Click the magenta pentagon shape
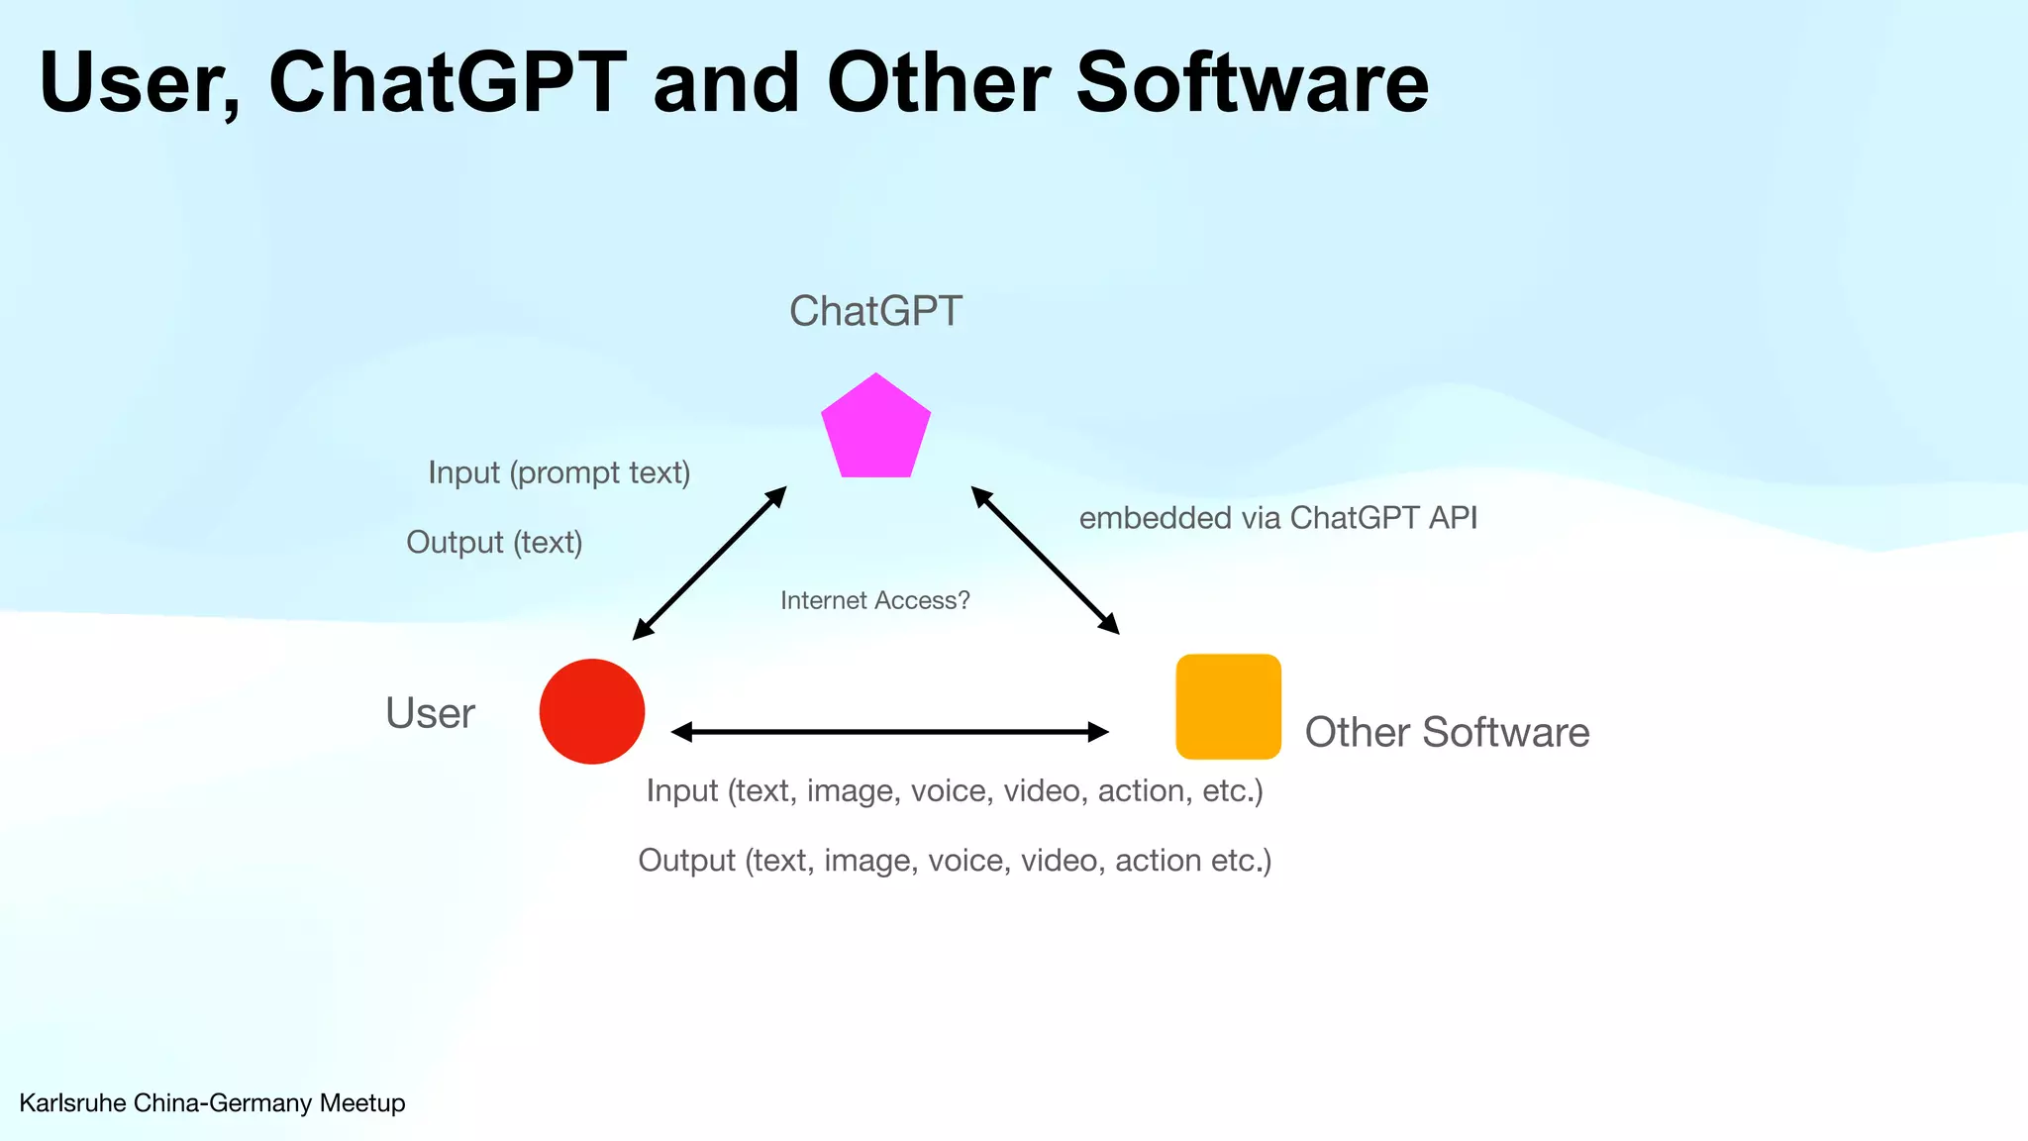[x=876, y=430]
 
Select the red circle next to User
[x=592, y=711]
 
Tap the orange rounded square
[x=1228, y=706]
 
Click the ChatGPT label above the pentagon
[x=875, y=311]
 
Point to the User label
[x=430, y=713]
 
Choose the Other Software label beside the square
[x=1447, y=732]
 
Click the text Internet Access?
[x=875, y=600]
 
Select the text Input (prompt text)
[x=559, y=472]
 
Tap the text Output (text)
[x=494, y=542]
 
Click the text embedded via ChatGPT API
[x=1277, y=518]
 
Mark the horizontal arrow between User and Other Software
[x=889, y=732]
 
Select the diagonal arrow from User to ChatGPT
[x=709, y=563]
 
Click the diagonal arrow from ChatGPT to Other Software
[x=1045, y=560]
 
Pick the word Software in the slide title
[x=1252, y=82]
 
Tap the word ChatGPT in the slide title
[x=448, y=82]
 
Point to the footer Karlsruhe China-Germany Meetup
[x=212, y=1102]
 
